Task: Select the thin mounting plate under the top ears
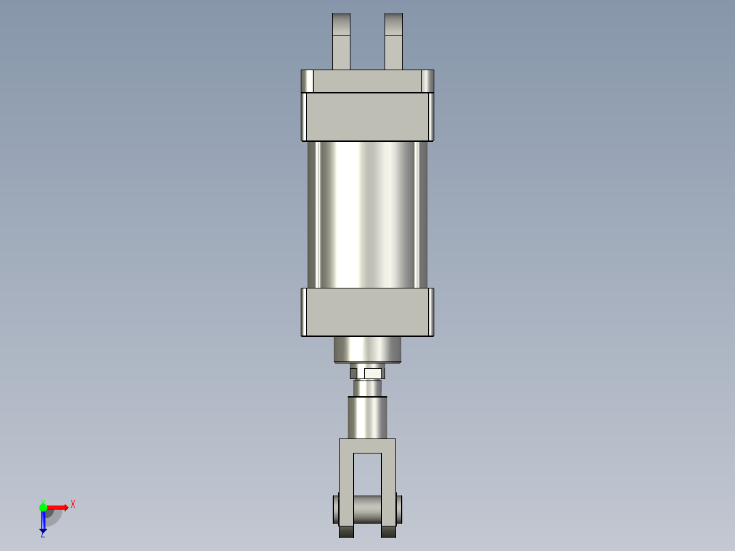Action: point(367,82)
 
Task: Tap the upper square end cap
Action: point(367,117)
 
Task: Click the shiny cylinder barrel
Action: point(367,215)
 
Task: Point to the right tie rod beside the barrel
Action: point(421,215)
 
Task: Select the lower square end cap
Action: point(367,312)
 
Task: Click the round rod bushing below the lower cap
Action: point(367,349)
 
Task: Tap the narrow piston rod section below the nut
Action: point(367,387)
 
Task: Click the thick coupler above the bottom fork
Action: point(367,417)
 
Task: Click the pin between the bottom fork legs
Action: point(367,509)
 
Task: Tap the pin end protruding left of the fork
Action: point(335,509)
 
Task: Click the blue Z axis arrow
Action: point(43,522)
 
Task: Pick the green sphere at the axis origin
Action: point(43,507)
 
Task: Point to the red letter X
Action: point(73,505)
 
